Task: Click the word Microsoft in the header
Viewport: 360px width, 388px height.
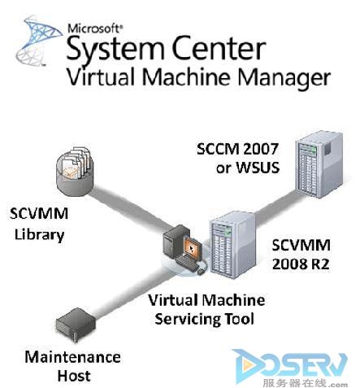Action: (x=95, y=28)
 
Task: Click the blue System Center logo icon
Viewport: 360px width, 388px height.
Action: (x=39, y=41)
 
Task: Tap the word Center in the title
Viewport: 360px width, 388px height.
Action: (x=219, y=48)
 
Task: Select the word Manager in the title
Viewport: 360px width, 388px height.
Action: (x=284, y=78)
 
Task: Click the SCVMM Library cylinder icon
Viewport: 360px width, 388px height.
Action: (x=74, y=171)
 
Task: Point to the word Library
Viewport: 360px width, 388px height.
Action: (x=39, y=234)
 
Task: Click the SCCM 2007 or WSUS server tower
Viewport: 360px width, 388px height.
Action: (x=319, y=164)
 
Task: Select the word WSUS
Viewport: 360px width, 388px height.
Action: (x=258, y=168)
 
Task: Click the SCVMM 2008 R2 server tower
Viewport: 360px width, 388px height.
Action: (x=232, y=245)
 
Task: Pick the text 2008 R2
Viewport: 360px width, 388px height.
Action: (x=301, y=264)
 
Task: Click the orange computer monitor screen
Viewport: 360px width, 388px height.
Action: (x=193, y=247)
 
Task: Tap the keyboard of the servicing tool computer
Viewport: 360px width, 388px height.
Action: (x=186, y=264)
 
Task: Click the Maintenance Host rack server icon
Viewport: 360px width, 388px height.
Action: (x=76, y=325)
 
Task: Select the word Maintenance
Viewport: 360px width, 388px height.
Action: (x=72, y=357)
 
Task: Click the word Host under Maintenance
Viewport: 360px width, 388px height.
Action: (x=74, y=376)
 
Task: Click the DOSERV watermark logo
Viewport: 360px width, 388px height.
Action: (x=291, y=368)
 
